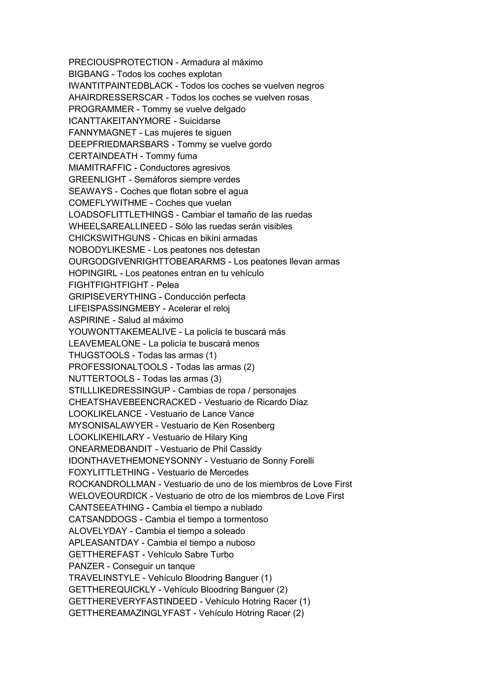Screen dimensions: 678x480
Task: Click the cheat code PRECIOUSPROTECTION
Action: pyautogui.click(x=121, y=62)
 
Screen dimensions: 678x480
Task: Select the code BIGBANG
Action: pyautogui.click(x=89, y=74)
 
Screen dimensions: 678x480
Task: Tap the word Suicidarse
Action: pyautogui.click(x=199, y=121)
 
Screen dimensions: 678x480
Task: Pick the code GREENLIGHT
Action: pyautogui.click(x=97, y=180)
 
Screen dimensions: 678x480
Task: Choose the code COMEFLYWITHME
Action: pyautogui.click(x=108, y=203)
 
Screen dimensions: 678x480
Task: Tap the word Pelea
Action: pyautogui.click(x=168, y=285)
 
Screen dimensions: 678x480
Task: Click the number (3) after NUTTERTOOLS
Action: pyautogui.click(x=216, y=379)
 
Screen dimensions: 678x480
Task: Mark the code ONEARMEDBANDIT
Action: pyautogui.click(x=110, y=449)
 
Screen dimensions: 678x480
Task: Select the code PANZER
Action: pyautogui.click(x=86, y=566)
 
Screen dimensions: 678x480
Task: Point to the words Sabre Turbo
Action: pyautogui.click(x=209, y=554)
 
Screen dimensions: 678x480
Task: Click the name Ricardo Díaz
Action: pyautogui.click(x=282, y=402)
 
